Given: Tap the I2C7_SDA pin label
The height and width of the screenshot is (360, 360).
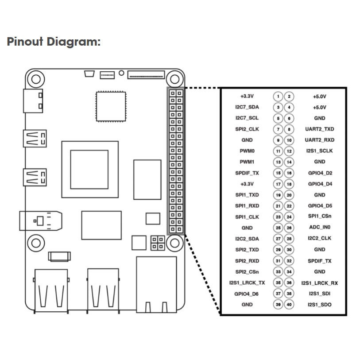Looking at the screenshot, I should point(247,107).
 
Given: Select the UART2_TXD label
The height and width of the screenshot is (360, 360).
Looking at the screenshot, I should point(319,129).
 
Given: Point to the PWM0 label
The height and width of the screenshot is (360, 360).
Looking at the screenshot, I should point(247,151).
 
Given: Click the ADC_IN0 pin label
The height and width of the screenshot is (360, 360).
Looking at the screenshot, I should point(319,228).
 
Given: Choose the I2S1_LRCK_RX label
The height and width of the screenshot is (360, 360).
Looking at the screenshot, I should point(319,283).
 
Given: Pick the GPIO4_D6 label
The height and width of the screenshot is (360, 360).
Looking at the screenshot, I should point(247,294).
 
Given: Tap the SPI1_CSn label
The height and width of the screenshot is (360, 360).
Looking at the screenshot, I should point(319,217).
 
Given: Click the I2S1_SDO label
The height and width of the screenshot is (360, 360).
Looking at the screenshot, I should point(319,305).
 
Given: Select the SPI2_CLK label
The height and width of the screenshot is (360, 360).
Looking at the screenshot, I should point(247,129).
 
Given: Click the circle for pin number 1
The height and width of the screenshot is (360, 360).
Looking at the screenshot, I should point(278,97).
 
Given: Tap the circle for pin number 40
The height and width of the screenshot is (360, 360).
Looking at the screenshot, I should point(289,305).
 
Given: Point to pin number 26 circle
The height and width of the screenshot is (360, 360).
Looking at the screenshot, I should point(289,228).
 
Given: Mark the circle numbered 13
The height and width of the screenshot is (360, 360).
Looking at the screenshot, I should point(278,162).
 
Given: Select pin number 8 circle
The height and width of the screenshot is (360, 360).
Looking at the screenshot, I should point(289,129).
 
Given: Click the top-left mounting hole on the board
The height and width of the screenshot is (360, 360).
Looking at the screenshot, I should point(35,79).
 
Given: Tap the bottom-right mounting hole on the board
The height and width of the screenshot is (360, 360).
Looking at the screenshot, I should point(174,242).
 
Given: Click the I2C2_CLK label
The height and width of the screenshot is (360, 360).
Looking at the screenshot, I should point(319,239).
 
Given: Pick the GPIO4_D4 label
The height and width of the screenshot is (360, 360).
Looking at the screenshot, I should point(319,184).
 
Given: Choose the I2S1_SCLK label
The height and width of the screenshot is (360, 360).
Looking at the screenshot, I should point(319,151).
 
